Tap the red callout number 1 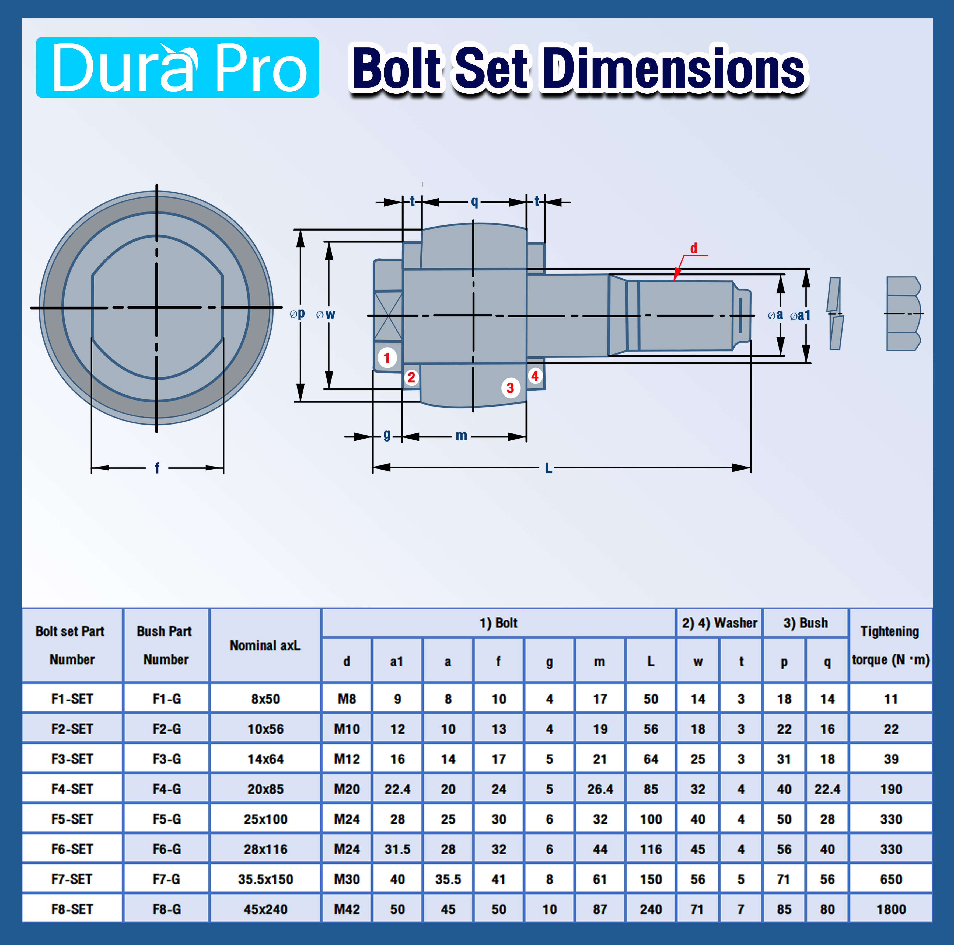coord(387,358)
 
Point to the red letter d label coord(694,248)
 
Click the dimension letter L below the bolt coord(548,468)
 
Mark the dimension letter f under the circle coord(157,467)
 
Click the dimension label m coord(461,435)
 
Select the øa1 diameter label coord(801,315)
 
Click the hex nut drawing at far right coord(903,314)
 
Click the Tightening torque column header coord(890,645)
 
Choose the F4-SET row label coord(72,789)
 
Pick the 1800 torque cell coord(891,909)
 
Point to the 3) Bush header coord(805,623)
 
